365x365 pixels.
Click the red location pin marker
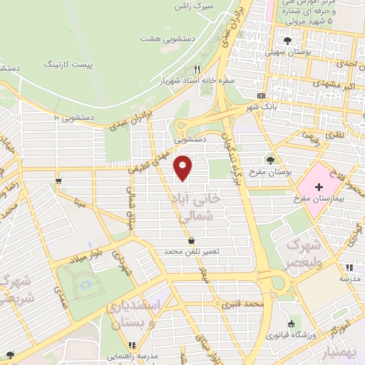click(183, 168)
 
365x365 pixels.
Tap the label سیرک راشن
click(195, 6)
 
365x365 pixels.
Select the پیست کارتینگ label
click(88, 65)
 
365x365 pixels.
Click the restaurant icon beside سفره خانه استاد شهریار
click(197, 69)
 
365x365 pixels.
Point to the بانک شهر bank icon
click(261, 96)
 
